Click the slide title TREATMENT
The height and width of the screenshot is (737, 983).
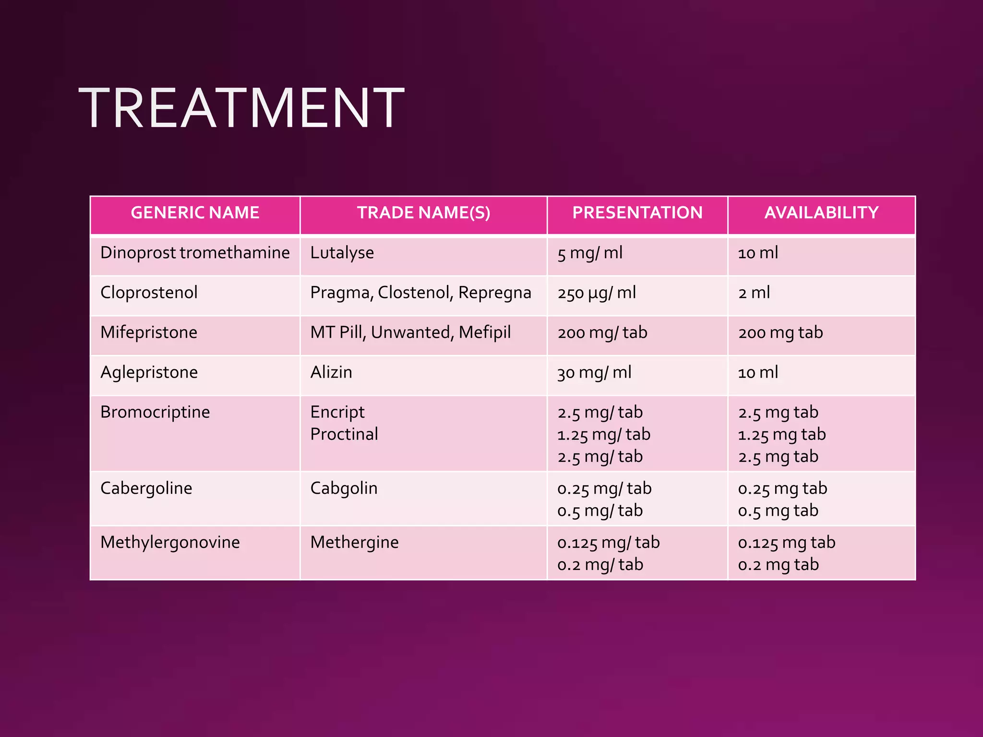(x=241, y=108)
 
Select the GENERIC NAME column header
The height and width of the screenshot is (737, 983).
(x=195, y=213)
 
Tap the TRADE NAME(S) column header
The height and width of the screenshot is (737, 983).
(x=423, y=213)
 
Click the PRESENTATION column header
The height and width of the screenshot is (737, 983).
(x=637, y=213)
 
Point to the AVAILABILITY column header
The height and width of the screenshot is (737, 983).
(x=821, y=213)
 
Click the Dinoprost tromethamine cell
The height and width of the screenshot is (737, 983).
(x=195, y=253)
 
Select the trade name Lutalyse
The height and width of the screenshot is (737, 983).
(x=342, y=253)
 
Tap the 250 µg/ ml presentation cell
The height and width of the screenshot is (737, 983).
(x=597, y=293)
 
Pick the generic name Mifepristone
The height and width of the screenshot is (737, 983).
(x=149, y=333)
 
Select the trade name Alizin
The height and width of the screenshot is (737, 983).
(x=331, y=372)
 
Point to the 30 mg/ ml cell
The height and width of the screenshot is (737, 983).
(x=594, y=372)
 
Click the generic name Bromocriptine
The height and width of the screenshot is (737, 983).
(x=155, y=412)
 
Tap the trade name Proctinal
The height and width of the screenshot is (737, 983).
(x=344, y=434)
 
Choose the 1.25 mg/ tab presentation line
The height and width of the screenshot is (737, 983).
(x=604, y=435)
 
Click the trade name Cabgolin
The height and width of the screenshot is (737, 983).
(x=344, y=488)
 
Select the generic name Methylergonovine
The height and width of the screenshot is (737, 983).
(x=170, y=542)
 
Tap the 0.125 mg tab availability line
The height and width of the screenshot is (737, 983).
(x=787, y=543)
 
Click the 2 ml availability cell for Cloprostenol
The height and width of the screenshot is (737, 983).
(x=754, y=293)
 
